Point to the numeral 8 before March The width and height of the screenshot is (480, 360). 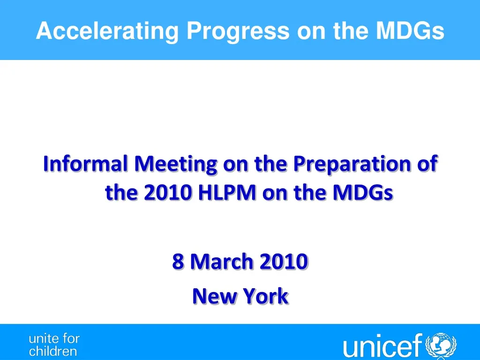pyautogui.click(x=178, y=262)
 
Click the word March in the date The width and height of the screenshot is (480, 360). pyautogui.click(x=220, y=262)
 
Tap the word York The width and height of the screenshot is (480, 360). pyautogui.click(x=267, y=296)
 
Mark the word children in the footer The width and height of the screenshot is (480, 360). pyautogui.click(x=53, y=351)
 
